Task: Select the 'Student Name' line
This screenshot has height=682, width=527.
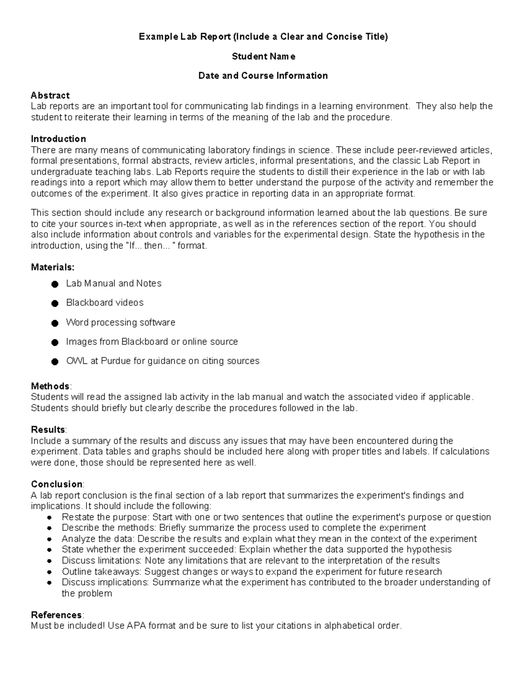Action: click(263, 56)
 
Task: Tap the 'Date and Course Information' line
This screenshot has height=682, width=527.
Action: click(263, 76)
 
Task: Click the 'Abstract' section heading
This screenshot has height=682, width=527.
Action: click(50, 95)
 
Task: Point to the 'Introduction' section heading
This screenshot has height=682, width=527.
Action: click(58, 139)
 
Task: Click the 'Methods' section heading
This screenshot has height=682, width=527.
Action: click(50, 386)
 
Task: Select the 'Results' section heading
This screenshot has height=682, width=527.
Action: click(48, 429)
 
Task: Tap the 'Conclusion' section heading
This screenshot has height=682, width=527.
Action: click(57, 484)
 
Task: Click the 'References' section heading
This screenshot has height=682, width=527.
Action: click(56, 614)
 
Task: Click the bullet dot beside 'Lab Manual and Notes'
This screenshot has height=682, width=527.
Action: click(55, 284)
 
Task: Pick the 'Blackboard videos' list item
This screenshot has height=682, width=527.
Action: click(105, 303)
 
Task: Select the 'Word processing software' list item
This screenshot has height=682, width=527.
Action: click(120, 322)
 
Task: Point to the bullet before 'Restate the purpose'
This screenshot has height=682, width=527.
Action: click(50, 517)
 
